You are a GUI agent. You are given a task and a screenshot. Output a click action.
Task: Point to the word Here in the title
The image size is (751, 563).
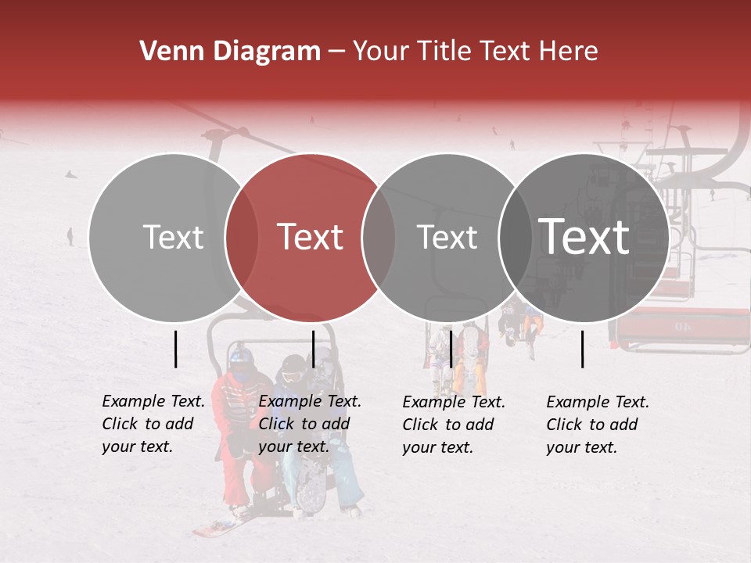[570, 52]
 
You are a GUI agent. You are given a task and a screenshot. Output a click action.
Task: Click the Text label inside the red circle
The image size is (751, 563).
[311, 237]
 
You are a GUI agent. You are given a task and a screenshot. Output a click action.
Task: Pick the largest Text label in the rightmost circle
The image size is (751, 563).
[584, 236]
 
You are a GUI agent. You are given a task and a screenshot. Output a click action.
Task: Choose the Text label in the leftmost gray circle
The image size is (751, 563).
[173, 237]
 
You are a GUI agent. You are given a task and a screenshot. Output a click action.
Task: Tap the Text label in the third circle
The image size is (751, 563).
[447, 237]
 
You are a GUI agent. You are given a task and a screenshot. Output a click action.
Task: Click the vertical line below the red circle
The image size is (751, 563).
[313, 349]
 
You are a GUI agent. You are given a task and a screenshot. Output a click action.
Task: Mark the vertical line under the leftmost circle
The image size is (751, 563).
[176, 349]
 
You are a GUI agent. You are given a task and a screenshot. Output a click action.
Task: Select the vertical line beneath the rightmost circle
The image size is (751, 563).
[583, 349]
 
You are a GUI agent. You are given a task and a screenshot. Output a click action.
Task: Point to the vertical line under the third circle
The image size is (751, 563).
[451, 349]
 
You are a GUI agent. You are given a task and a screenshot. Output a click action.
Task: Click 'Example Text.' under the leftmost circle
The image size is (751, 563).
[153, 401]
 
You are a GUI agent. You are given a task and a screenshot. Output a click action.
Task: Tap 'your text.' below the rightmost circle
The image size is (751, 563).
[581, 447]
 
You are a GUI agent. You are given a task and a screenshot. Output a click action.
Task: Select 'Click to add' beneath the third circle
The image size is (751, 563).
[448, 425]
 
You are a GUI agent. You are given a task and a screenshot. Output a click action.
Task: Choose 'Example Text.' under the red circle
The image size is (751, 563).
[310, 401]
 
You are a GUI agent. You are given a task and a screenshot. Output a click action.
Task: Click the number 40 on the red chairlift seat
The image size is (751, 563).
[684, 326]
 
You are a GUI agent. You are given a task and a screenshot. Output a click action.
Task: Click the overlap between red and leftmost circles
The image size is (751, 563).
[242, 238]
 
